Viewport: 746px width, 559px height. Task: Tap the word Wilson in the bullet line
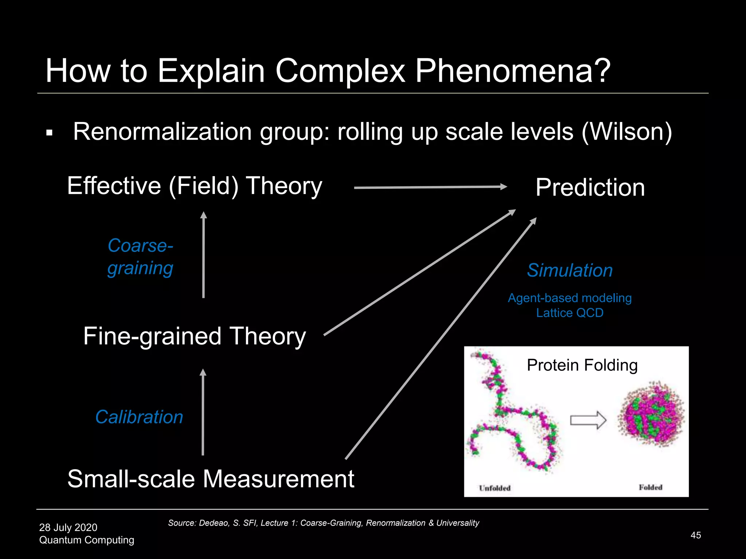[627, 131]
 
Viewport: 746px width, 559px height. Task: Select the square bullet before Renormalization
[50, 133]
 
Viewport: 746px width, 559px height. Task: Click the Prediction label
[590, 188]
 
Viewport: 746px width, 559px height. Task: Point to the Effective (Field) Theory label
[195, 186]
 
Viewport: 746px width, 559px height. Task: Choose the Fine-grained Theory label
[195, 336]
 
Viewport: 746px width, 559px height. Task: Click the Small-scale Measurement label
[211, 479]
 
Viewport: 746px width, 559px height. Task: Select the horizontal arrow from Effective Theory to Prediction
[430, 187]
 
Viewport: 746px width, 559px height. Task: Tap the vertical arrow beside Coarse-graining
[204, 255]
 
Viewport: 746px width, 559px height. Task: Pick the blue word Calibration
[139, 417]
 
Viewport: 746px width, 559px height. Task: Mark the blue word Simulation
[570, 270]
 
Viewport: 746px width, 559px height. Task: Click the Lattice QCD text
[570, 313]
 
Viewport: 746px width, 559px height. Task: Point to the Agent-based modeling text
[570, 298]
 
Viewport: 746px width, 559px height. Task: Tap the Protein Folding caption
[582, 365]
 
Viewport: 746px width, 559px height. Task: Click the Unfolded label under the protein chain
[495, 488]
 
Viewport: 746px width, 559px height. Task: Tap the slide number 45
[696, 535]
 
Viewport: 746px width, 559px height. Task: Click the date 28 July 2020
[68, 527]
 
